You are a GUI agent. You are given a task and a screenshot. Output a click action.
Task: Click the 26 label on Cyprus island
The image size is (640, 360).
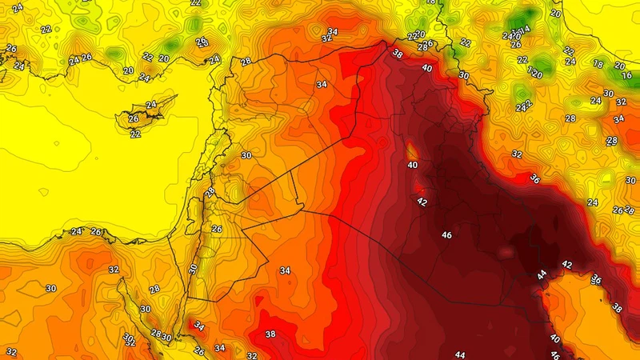point(133,120)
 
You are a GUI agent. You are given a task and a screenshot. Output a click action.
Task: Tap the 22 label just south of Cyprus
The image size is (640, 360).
point(134,134)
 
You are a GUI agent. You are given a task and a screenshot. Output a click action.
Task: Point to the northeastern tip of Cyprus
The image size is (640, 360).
point(178,102)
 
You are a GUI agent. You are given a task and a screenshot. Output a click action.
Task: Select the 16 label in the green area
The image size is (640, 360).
point(626,75)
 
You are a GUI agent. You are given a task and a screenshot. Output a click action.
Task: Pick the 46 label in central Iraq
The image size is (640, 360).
point(446,235)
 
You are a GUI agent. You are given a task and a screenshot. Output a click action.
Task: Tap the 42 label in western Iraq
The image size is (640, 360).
point(422,202)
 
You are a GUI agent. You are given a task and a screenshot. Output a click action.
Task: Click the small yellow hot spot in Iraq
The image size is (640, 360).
point(412,150)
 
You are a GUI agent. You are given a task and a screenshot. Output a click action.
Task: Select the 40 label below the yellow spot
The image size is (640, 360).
point(413,166)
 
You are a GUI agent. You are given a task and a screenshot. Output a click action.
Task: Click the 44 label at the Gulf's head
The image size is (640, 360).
point(542,274)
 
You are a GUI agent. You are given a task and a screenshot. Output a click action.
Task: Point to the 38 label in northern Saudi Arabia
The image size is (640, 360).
point(270,334)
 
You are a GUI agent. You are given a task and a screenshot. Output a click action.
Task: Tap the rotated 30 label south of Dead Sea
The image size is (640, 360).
point(193,269)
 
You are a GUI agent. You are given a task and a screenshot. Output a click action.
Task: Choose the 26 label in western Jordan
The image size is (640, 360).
point(216,229)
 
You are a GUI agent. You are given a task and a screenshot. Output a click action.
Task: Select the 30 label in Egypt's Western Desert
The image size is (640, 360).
point(51,288)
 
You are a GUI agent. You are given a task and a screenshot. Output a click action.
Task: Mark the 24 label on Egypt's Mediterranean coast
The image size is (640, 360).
point(76,232)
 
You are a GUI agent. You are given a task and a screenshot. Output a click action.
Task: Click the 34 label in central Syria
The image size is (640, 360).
point(322,84)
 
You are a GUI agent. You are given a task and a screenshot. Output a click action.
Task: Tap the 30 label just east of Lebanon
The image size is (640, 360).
point(246,155)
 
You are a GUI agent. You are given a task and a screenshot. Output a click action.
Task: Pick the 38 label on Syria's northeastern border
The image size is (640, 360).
point(398,54)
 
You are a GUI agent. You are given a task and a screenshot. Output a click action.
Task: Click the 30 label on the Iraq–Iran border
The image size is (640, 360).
point(464,75)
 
